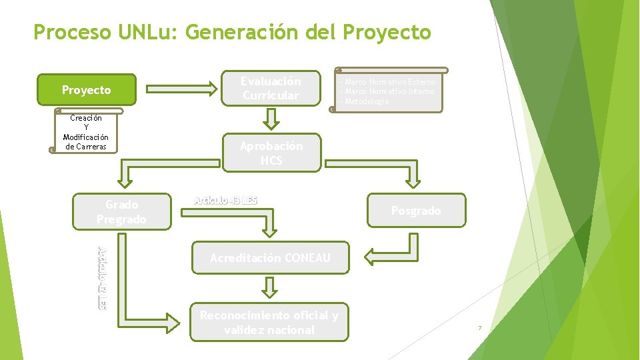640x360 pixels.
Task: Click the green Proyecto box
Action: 87,90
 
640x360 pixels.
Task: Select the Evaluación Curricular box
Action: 271,89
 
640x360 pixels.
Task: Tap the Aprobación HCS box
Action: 271,153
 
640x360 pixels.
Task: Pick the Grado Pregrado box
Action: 121,212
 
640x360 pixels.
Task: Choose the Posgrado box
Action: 415,211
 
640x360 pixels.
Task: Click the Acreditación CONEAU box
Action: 270,258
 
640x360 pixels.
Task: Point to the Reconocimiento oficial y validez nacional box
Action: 269,323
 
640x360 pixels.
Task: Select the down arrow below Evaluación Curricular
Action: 271,120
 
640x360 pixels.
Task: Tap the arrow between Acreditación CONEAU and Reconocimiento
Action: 269,287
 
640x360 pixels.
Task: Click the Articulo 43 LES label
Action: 225,200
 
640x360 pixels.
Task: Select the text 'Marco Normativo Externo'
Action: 389,82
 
